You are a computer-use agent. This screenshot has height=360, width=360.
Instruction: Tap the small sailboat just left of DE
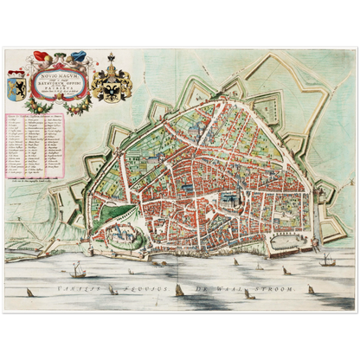(x=177, y=288)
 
